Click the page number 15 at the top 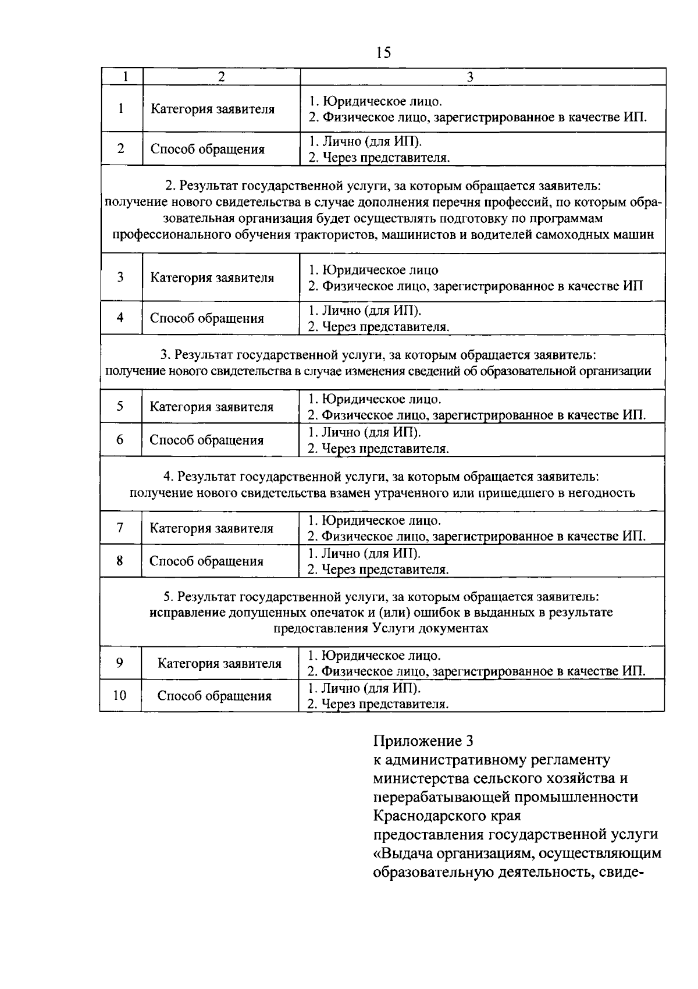point(383,53)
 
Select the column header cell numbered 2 point(221,77)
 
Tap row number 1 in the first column point(121,108)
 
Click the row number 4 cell point(120,318)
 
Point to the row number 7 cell point(120,528)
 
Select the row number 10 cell point(119,695)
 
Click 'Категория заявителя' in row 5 point(212,407)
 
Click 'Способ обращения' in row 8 point(206,561)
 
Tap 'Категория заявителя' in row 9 point(220,663)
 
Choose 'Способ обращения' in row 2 point(208,149)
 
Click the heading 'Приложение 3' point(423,741)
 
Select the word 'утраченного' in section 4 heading point(430,493)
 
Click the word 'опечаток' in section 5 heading point(338,613)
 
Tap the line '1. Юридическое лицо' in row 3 point(373,271)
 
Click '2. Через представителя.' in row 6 point(378,449)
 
